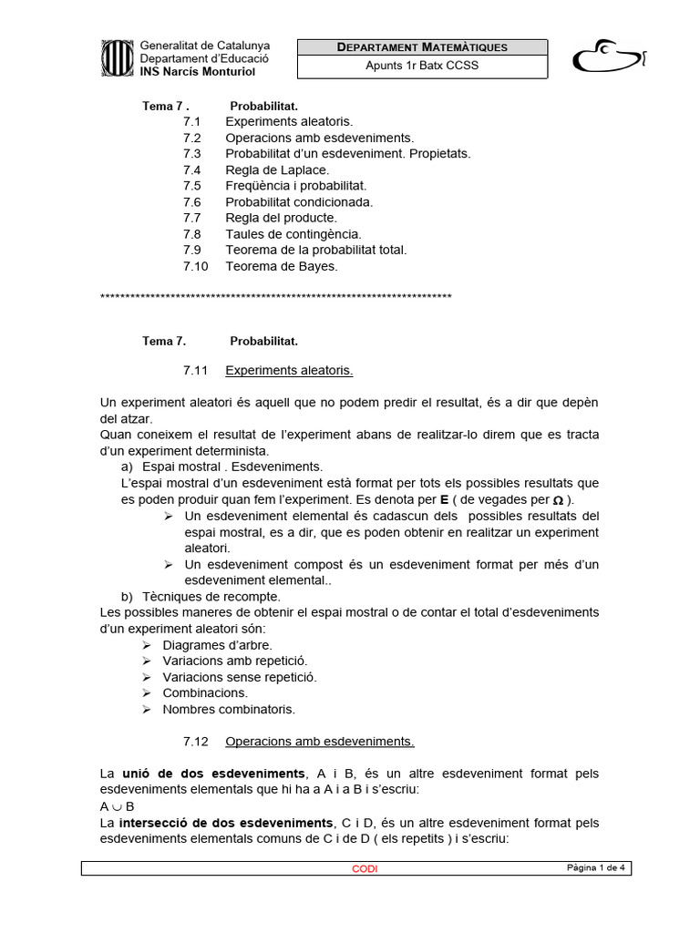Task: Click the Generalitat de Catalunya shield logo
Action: point(117,57)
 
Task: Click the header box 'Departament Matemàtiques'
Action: point(422,47)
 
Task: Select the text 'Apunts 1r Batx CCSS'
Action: point(422,66)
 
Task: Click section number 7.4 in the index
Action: point(191,169)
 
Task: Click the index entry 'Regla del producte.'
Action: point(281,218)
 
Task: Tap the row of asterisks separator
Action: point(275,298)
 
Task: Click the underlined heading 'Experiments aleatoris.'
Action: point(289,370)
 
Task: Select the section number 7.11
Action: point(196,370)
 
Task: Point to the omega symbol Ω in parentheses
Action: point(558,500)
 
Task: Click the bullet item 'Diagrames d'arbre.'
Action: point(217,645)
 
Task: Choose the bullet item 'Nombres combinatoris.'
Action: point(229,709)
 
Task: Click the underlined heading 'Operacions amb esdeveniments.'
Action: point(319,742)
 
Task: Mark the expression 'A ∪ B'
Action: point(118,806)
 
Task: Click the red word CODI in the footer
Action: point(365,868)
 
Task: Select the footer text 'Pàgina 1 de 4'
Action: point(594,867)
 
